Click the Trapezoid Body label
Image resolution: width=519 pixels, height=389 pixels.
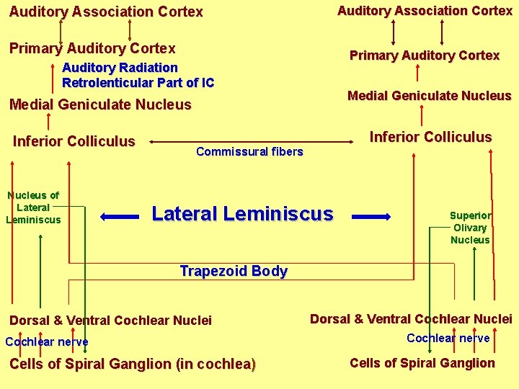click(x=234, y=272)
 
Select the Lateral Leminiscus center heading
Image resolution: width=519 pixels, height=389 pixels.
click(x=242, y=214)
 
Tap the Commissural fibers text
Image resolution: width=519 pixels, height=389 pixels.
click(x=249, y=151)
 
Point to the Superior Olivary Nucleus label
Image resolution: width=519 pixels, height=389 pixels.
click(x=470, y=228)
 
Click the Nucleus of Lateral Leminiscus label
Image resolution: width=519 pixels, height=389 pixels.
click(x=33, y=207)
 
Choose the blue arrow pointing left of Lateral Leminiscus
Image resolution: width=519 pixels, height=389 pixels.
click(x=119, y=215)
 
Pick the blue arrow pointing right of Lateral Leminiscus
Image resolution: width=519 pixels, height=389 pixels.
click(x=371, y=215)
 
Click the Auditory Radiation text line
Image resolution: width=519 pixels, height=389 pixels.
click(x=120, y=68)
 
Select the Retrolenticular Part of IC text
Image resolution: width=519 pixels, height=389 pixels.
click(x=138, y=83)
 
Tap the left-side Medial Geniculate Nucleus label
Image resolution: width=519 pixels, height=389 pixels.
click(x=100, y=105)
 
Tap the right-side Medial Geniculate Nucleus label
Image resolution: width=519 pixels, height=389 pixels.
click(x=429, y=96)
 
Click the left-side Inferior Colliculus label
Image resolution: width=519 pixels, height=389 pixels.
click(x=74, y=141)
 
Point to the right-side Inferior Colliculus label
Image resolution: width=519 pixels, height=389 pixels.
click(x=430, y=137)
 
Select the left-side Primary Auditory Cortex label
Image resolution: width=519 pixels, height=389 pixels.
click(x=92, y=48)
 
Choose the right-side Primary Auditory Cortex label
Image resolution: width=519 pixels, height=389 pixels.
click(x=424, y=55)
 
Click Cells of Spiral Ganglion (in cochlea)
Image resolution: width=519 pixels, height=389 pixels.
click(x=133, y=365)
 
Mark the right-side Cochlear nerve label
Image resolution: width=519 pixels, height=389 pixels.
click(x=448, y=339)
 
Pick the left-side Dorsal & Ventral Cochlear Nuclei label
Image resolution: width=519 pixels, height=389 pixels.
click(x=110, y=321)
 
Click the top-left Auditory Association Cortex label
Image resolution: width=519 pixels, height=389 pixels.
click(x=106, y=12)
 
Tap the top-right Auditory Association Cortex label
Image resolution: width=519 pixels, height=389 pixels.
click(x=425, y=11)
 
